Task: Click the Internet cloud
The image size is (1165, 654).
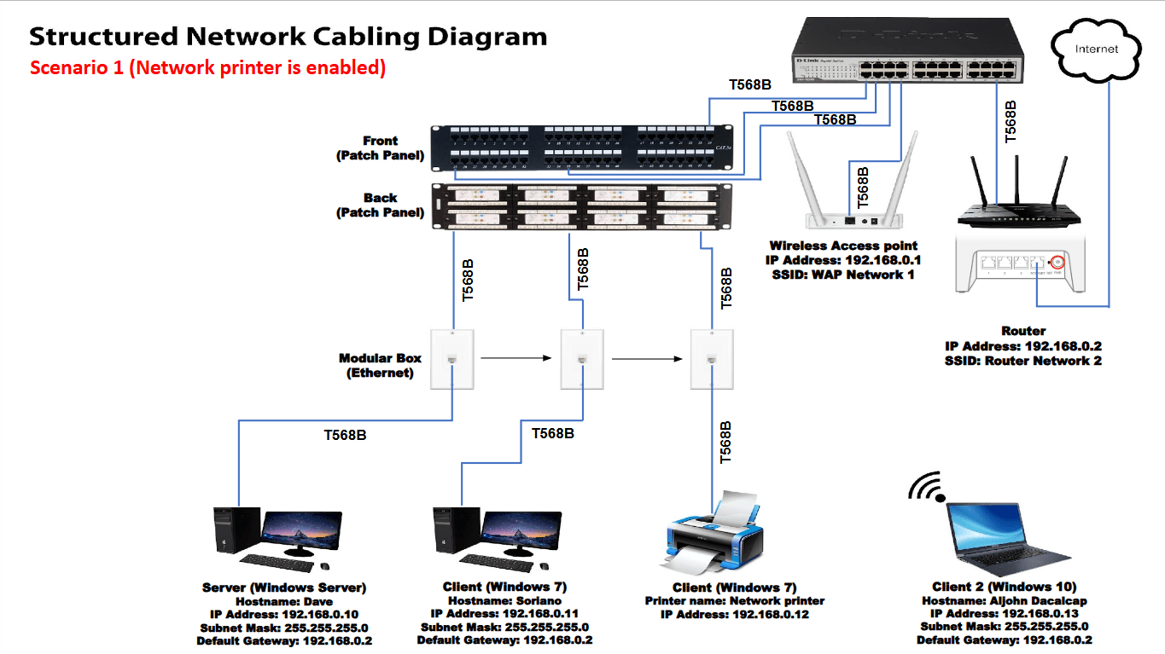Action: click(x=1096, y=49)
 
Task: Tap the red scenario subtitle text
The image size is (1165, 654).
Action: click(x=207, y=67)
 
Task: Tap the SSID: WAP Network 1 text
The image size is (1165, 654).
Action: click(x=843, y=275)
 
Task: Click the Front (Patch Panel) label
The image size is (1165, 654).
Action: click(x=380, y=148)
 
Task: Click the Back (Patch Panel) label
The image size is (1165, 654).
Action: click(x=380, y=205)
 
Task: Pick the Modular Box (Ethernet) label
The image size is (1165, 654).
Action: click(x=380, y=366)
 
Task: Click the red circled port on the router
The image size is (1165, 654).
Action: click(x=1058, y=263)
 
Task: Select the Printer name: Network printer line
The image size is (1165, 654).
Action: click(x=734, y=600)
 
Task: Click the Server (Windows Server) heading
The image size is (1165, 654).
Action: click(x=283, y=587)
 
